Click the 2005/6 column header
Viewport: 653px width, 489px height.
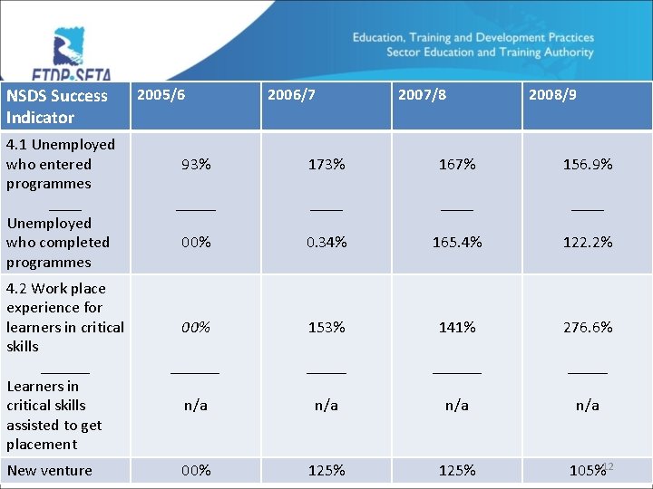pos(161,95)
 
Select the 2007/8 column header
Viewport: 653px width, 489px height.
pos(422,95)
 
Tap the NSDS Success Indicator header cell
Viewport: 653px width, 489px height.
pos(56,106)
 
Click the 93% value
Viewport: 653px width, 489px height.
pos(196,165)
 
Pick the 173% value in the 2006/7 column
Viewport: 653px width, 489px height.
pos(326,165)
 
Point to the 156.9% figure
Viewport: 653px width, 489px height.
pos(588,165)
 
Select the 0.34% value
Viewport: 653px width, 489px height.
pos(326,243)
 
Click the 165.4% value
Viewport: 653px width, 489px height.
pos(457,243)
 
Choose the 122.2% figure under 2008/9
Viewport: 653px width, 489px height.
pos(588,243)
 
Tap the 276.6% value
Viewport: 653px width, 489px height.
pos(588,327)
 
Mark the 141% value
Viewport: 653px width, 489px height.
pos(457,327)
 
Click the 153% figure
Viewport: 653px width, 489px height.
pos(326,327)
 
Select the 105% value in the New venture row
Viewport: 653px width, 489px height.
pos(586,471)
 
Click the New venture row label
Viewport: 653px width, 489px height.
pos(49,471)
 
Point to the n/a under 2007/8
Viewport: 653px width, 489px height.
pos(457,406)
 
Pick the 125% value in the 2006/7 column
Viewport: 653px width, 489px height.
pos(326,471)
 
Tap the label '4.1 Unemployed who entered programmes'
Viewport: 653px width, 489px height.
pos(60,164)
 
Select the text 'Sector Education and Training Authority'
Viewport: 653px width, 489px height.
pos(490,53)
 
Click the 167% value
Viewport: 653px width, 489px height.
pos(457,165)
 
